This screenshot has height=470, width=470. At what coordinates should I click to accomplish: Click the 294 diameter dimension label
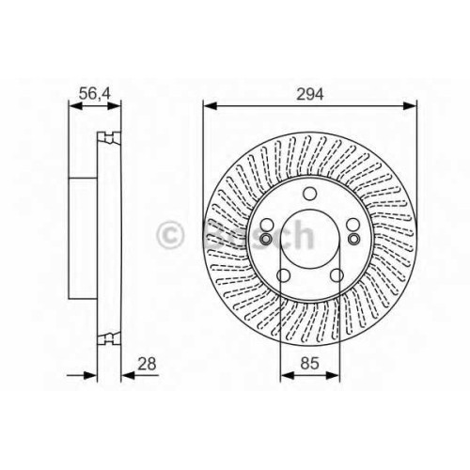coord(309,94)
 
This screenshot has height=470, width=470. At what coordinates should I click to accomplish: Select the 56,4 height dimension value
coord(95,94)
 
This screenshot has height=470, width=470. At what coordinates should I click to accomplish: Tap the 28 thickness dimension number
coord(147,364)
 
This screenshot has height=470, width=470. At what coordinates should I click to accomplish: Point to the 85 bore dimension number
coord(309,364)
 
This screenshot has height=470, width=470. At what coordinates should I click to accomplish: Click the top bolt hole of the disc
coord(310,194)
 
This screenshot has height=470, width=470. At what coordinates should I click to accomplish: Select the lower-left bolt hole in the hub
coord(283,275)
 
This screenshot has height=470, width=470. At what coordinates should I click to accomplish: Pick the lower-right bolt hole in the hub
coord(337,275)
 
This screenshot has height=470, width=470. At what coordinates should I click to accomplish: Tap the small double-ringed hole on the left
coord(266,239)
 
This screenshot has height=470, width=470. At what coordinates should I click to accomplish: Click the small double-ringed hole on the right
coord(354,239)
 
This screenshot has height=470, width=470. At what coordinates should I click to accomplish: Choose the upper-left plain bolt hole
coord(267,225)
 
